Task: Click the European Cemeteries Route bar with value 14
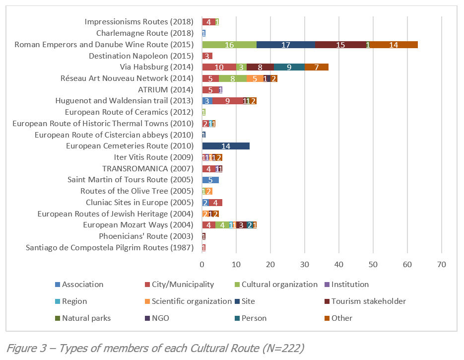click(226, 146)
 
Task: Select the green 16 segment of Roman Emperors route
click(229, 45)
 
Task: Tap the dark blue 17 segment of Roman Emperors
click(285, 45)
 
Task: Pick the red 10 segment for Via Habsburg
click(219, 67)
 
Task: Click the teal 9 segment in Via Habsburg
click(289, 67)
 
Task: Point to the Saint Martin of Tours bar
click(210, 180)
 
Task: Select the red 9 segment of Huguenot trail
click(227, 101)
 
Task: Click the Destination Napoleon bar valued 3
click(207, 56)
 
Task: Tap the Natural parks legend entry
click(82, 318)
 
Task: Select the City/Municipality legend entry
click(182, 285)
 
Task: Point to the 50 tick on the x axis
click(373, 264)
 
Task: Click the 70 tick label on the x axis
click(441, 264)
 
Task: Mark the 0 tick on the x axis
click(202, 264)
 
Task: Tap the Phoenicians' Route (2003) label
click(146, 236)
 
